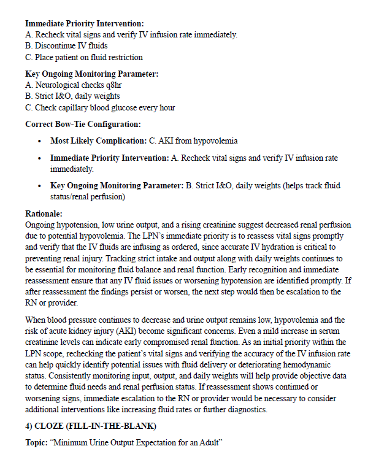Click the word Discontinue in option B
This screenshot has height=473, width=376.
coord(58,46)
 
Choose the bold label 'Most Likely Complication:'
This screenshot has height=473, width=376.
coord(98,141)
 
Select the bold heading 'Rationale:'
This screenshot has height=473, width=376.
coord(44,214)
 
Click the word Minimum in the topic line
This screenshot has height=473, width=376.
coord(71,441)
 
